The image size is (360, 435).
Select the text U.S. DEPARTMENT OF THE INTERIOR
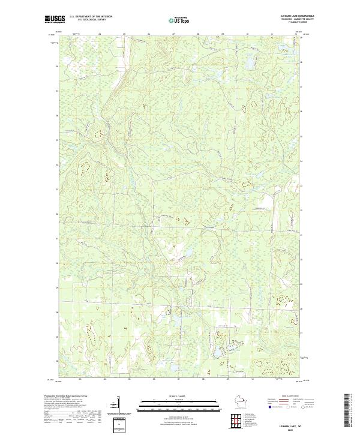pyautogui.click(x=91, y=16)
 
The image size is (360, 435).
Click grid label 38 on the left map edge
pyautogui.click(x=57, y=67)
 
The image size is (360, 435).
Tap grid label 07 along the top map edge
pyautogui.click(x=173, y=34)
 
